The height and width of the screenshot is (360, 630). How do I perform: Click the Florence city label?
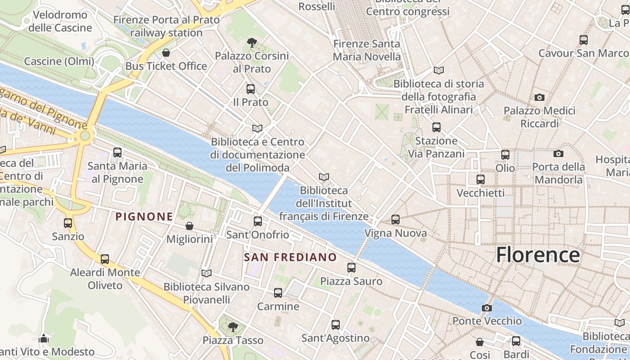coord(538,255)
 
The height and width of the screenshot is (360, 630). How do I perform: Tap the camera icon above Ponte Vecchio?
coord(486,308)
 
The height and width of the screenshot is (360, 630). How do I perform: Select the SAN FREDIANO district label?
coord(290,257)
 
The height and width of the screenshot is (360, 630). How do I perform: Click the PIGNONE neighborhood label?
coord(144,217)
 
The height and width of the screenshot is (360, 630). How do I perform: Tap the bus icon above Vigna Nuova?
coord(395,220)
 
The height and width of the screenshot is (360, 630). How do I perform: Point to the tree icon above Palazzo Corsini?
coord(252,43)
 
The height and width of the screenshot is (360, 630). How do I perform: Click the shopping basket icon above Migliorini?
coord(189,226)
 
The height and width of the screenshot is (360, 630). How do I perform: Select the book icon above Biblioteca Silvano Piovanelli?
coord(207,273)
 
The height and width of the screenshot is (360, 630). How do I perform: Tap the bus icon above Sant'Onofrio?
coord(257,221)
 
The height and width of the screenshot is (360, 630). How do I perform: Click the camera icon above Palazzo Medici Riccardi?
coord(539,97)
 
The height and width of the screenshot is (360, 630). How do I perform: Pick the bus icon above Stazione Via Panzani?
coord(436,127)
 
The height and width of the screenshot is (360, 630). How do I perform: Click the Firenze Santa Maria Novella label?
coord(366,50)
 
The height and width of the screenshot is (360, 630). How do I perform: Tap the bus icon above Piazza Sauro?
coord(351,268)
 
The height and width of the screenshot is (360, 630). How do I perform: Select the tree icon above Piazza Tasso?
coord(233,327)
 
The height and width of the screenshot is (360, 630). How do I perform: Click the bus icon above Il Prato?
coord(251,89)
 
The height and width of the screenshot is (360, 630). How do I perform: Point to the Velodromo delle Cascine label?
coord(60,21)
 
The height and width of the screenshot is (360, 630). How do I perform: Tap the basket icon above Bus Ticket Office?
coord(166,53)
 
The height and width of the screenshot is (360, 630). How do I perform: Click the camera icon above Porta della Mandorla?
coord(558,154)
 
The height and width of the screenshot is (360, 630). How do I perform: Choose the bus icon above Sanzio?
coord(68,223)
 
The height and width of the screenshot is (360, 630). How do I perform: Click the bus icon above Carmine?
coord(278,293)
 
